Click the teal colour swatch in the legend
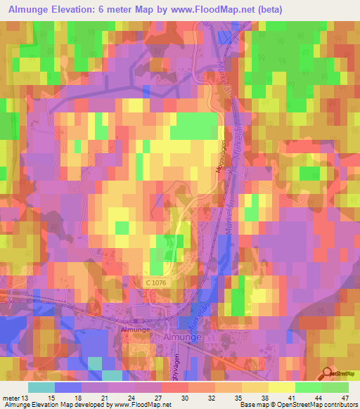click(x=41, y=387)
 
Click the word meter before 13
click(x=11, y=397)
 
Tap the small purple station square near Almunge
click(x=135, y=321)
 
